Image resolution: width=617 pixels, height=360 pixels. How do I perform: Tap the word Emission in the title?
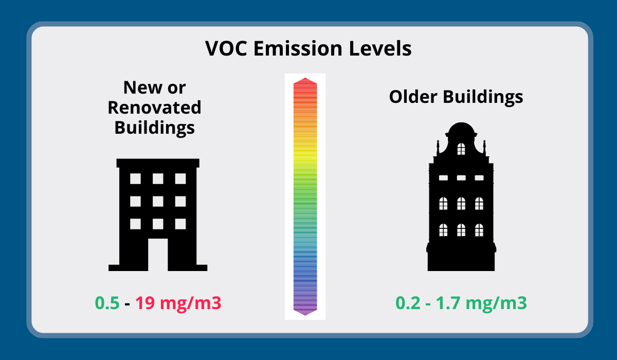(x=298, y=48)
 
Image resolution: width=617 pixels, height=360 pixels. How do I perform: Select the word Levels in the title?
(x=380, y=48)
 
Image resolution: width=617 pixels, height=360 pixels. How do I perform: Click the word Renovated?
(x=155, y=107)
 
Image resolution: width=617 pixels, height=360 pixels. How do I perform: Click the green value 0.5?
(x=107, y=303)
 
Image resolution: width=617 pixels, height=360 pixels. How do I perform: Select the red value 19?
(x=145, y=303)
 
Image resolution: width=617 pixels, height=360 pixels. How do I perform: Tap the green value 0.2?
(x=408, y=303)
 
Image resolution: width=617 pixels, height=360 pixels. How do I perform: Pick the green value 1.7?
(x=448, y=303)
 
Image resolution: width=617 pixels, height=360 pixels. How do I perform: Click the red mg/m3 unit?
(x=191, y=304)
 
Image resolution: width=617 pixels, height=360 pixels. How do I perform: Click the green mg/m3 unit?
(x=496, y=304)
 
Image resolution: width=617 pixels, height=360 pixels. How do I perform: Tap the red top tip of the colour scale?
(x=305, y=78)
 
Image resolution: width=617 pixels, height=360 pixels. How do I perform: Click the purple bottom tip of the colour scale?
(x=305, y=315)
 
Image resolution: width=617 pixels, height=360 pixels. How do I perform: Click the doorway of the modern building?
(x=158, y=255)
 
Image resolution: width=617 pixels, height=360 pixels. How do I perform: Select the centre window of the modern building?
(x=158, y=202)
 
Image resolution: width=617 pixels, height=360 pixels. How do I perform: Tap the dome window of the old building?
(x=461, y=149)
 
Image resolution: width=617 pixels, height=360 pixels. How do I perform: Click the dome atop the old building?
(x=461, y=130)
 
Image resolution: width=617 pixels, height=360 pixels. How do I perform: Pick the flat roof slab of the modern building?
(x=158, y=163)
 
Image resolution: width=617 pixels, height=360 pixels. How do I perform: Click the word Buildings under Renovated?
(x=155, y=129)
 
